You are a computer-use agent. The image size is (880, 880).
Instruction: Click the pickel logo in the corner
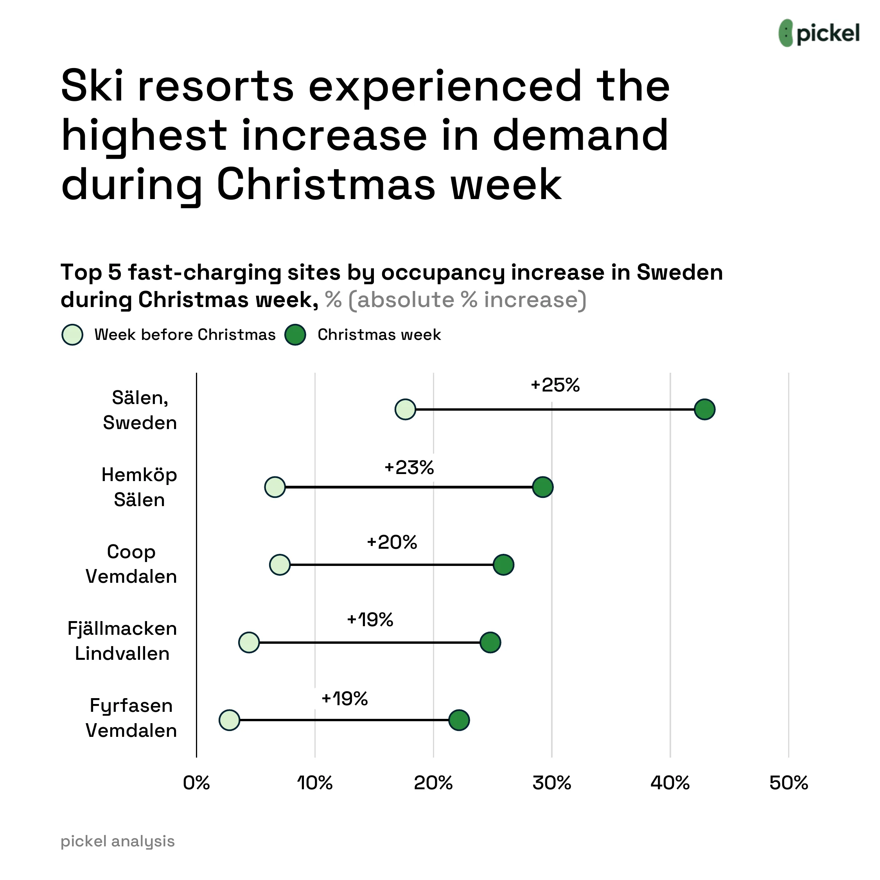point(819,33)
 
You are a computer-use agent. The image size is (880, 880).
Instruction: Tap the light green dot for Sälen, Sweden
point(405,409)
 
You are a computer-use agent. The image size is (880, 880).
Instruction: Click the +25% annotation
point(555,385)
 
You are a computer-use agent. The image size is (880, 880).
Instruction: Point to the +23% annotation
point(409,468)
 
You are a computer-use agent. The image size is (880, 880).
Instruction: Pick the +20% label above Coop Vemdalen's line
point(392,542)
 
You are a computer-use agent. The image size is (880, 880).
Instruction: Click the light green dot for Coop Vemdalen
point(280,565)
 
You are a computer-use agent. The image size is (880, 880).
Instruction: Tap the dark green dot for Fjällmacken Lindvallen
point(490,643)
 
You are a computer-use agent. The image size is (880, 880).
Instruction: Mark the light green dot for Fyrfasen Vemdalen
point(229,720)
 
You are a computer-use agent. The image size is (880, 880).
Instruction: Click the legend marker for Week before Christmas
point(72,335)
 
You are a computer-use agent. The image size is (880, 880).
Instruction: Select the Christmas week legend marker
point(295,335)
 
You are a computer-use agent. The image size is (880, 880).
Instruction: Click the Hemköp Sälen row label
point(139,487)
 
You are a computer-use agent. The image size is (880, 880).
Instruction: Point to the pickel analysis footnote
point(117,841)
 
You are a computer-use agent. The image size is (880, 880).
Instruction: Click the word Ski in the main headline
point(92,86)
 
